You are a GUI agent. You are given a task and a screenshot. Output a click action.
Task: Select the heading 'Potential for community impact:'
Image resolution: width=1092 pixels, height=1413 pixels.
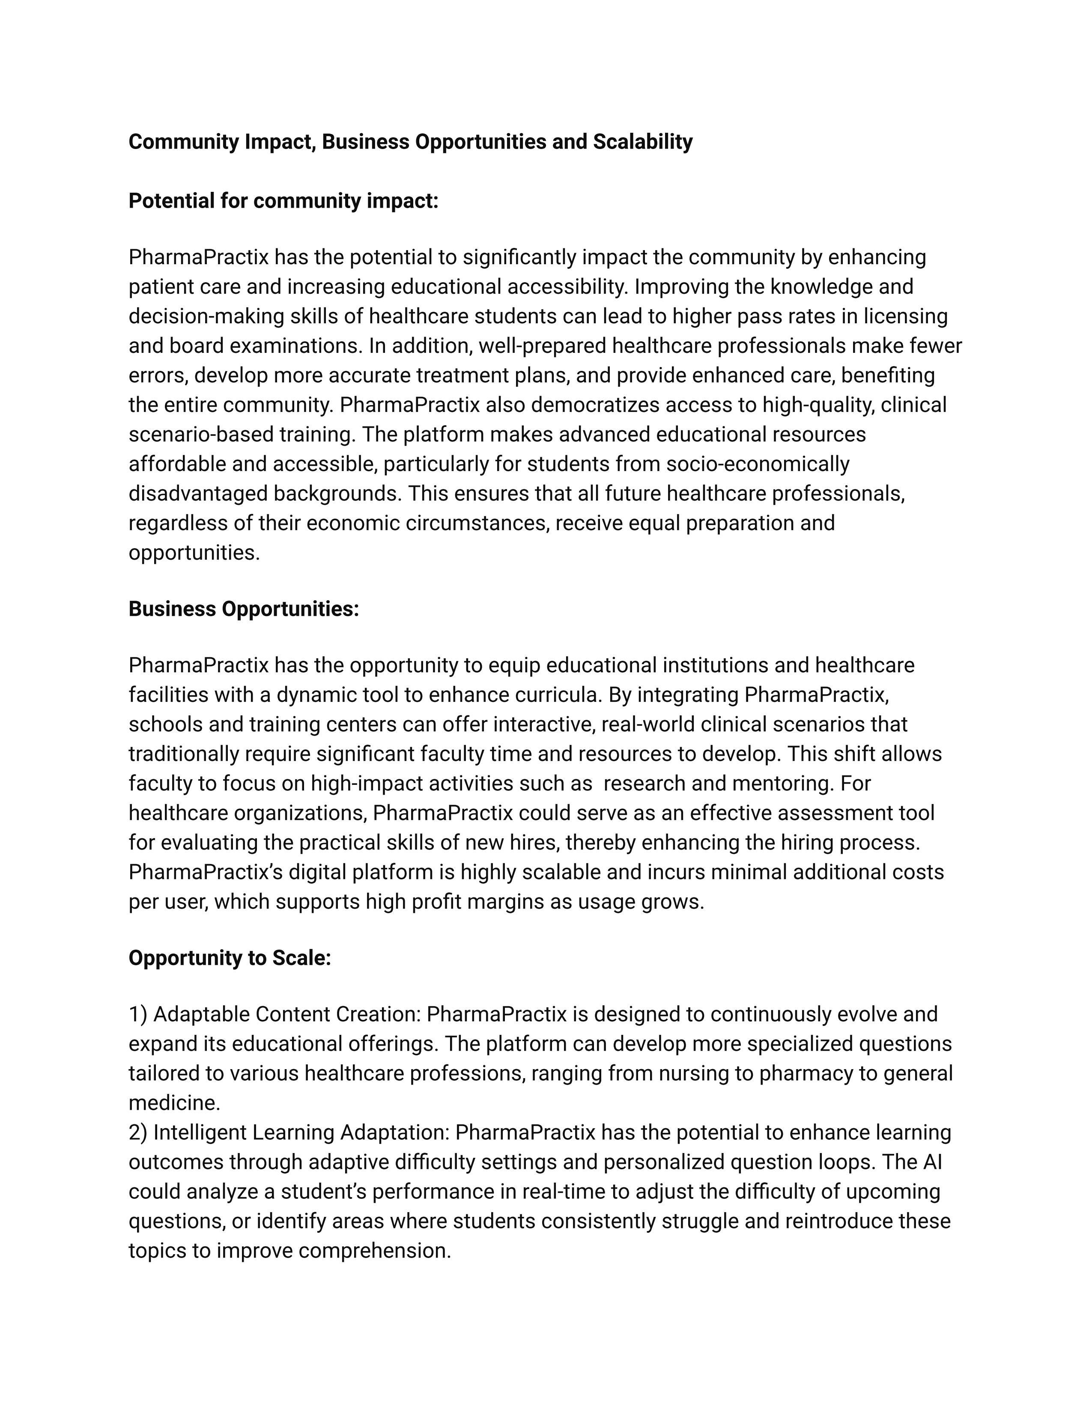pos(283,201)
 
